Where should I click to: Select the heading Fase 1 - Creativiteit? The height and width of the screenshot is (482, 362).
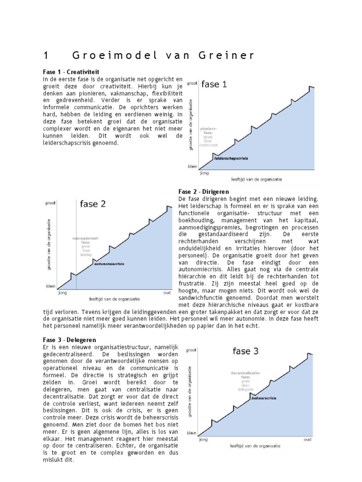71,72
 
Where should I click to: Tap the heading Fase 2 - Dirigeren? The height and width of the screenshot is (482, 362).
204,192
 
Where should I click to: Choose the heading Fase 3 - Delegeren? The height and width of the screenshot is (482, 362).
69,339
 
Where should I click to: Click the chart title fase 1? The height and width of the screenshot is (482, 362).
214,84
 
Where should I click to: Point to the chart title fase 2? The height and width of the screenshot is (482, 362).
93,204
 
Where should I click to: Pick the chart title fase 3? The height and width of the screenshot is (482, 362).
245,351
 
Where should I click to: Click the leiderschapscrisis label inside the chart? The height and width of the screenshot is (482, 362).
231,159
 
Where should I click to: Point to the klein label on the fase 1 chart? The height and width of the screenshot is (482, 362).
192,166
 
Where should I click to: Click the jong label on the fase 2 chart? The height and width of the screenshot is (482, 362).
62,292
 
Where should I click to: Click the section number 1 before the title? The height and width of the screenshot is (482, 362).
45,56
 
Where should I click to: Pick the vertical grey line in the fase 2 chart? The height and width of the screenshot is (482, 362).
77,245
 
